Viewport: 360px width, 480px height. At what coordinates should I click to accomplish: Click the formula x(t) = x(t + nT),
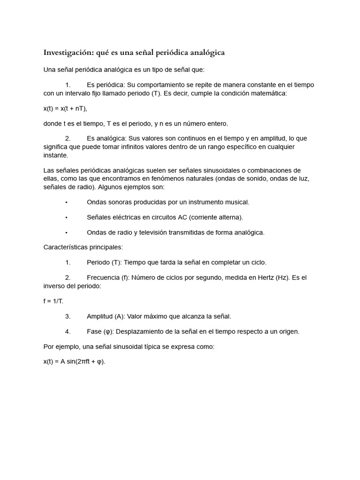pos(65,108)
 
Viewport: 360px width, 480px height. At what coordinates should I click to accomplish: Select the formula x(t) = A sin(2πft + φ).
pos(75,361)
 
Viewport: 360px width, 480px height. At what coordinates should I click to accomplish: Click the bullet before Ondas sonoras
pos(67,202)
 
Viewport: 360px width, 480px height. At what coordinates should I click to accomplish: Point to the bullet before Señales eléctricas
pos(67,217)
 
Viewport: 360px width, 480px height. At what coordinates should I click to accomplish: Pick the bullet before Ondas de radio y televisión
pos(67,232)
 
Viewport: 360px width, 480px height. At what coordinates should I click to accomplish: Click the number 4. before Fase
pos(68,331)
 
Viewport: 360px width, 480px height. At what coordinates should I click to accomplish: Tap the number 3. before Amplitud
pos(68,316)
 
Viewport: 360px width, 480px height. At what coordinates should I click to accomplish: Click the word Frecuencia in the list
pos(103,277)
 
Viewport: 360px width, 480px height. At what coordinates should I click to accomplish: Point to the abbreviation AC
pos(183,217)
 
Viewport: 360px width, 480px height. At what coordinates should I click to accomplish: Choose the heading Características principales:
pos(83,247)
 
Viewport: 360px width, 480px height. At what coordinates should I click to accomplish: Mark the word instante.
pos(55,155)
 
